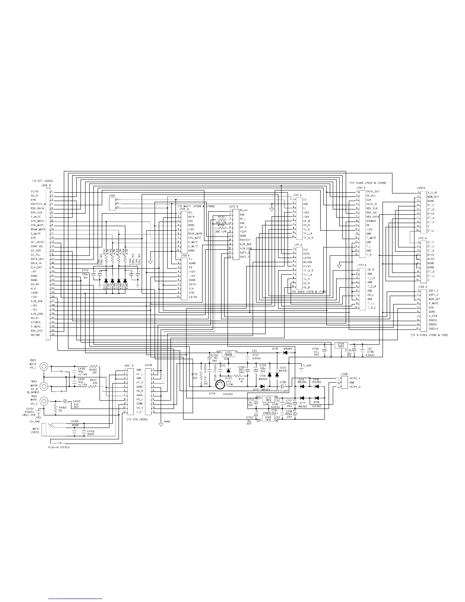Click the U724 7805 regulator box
(x=342, y=345)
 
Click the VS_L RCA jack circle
(x=44, y=367)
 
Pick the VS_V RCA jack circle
(x=44, y=401)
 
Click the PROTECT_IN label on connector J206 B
(x=38, y=204)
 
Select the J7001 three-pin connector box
(x=112, y=204)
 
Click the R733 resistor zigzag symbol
(x=223, y=219)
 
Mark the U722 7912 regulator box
(x=268, y=419)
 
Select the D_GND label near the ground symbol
(x=307, y=366)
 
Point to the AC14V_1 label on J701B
(x=355, y=379)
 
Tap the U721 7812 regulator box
(x=268, y=399)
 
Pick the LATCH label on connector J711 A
(x=307, y=258)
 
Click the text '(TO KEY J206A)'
(x=42, y=181)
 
